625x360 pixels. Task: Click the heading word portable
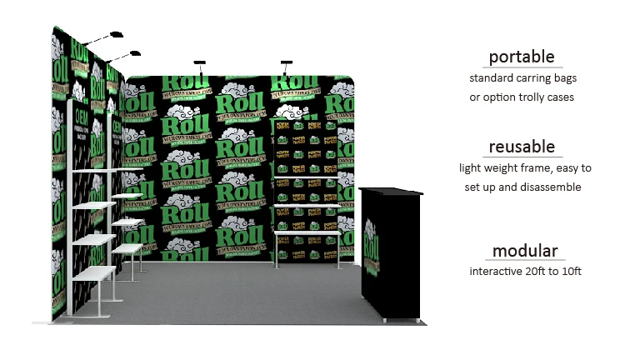click(x=522, y=57)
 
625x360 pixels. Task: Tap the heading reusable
click(x=522, y=147)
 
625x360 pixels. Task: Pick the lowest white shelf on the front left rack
click(x=92, y=276)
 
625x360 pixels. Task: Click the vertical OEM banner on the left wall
click(x=81, y=142)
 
